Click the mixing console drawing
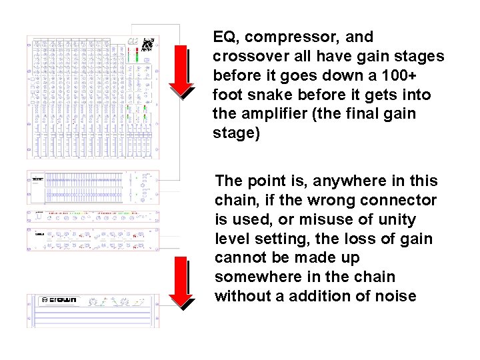point(93,97)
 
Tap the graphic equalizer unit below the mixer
point(93,187)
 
